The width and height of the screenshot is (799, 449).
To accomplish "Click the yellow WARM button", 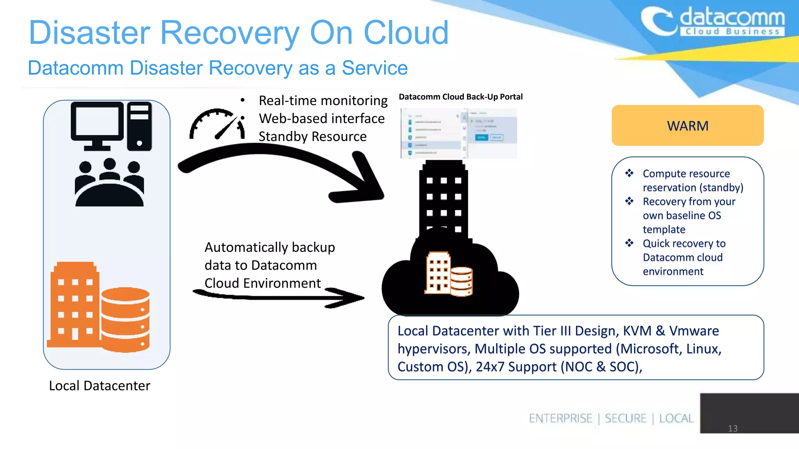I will tap(687, 126).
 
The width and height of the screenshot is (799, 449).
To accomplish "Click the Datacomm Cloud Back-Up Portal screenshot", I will tap(459, 133).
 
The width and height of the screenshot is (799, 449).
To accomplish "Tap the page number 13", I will tap(733, 428).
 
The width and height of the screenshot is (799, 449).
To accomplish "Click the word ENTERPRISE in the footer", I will tap(560, 418).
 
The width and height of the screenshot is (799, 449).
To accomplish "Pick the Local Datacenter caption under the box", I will tap(99, 385).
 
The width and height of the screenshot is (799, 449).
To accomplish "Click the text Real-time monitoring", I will tap(323, 101).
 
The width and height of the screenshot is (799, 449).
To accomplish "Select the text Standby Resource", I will tap(312, 136).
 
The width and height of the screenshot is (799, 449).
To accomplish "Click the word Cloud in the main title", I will tap(406, 33).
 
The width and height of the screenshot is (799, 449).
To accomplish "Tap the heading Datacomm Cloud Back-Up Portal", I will tap(460, 97).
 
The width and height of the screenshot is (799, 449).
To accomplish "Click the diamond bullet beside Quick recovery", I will tap(629, 243).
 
